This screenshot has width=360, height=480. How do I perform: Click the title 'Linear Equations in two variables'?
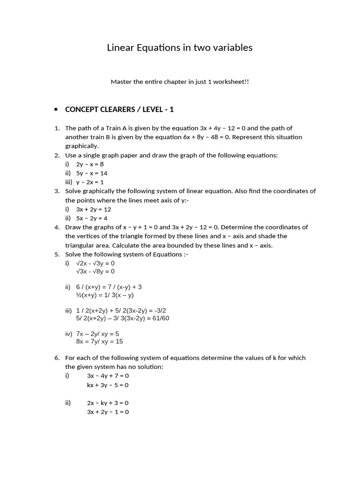pos(180,48)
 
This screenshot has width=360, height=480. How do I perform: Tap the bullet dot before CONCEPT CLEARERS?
pos(56,110)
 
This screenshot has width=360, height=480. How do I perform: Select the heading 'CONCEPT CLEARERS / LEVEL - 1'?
pos(119,110)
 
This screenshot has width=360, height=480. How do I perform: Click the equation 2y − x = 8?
pos(90,164)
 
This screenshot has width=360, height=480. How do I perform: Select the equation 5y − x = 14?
pos(92,173)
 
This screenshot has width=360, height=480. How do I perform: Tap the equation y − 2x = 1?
pos(90,182)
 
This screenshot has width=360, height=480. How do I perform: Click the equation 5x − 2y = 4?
pos(92,218)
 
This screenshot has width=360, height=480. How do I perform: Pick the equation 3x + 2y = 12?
pos(94,209)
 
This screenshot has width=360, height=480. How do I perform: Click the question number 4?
pos(57,227)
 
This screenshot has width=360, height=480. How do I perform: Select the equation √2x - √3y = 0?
pos(95,263)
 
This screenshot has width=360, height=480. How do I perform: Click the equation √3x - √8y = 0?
pos(95,271)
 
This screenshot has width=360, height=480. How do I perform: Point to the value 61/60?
pos(160,318)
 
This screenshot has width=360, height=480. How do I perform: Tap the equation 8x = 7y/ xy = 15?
pos(99,342)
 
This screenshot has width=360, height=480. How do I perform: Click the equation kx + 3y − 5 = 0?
pos(108,385)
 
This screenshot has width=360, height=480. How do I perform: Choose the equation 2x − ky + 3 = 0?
pos(108,403)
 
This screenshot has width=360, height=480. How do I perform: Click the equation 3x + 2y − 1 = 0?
pos(108,412)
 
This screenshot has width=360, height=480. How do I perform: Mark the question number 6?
pos(57,358)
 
